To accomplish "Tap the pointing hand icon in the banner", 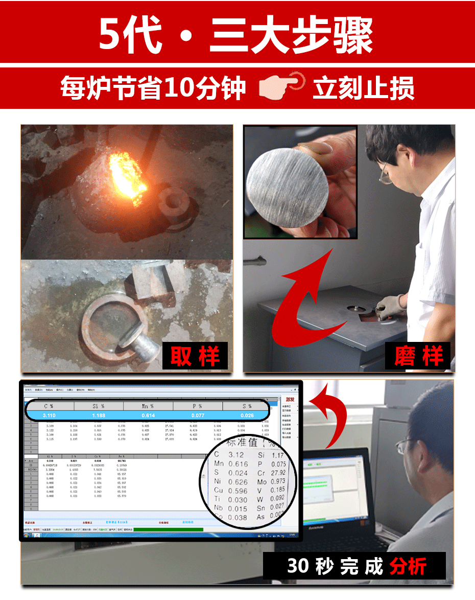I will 281,87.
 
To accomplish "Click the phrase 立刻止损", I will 363,87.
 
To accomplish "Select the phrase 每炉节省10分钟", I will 153,88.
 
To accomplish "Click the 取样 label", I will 195,356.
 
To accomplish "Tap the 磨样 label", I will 418,356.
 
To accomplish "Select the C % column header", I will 49,406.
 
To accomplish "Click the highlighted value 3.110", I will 49,416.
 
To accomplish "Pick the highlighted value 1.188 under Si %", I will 99,416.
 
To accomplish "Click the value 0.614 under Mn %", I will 148,416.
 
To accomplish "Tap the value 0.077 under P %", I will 198,416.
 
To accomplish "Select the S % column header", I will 247,406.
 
